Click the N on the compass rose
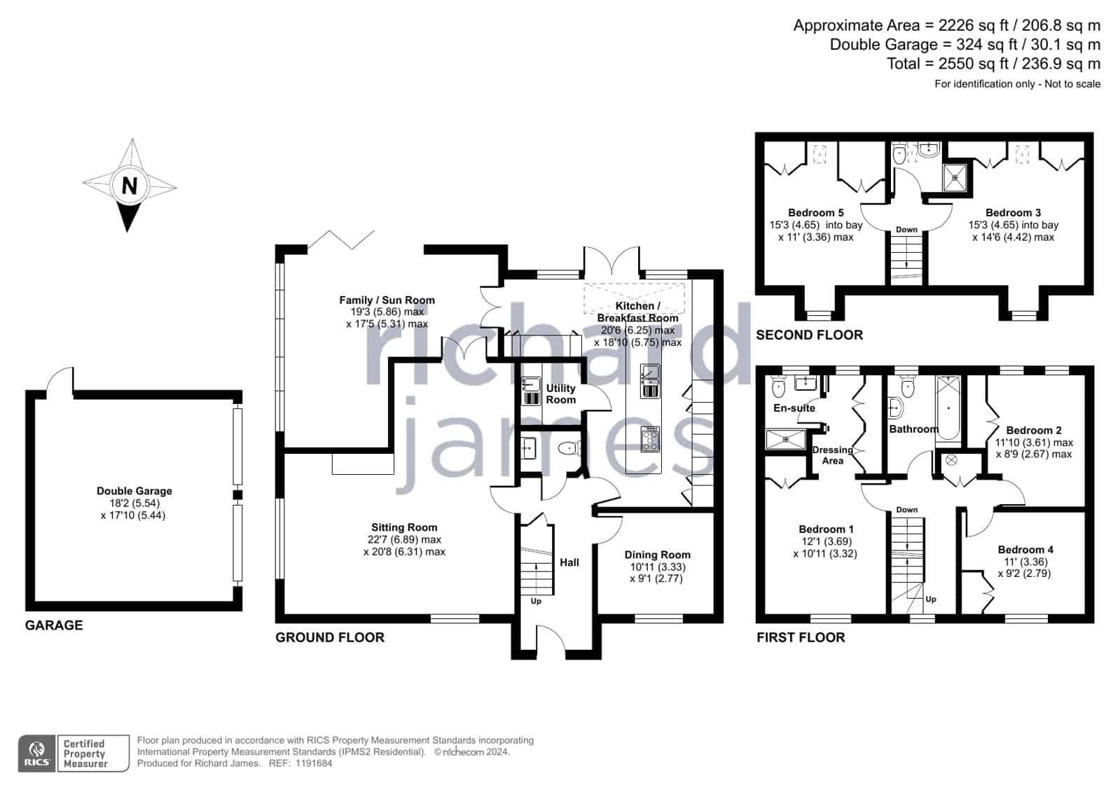(x=130, y=186)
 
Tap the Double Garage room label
(x=134, y=491)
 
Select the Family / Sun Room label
(x=387, y=300)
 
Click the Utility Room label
(x=560, y=394)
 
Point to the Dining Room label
(x=657, y=555)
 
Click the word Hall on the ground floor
(x=569, y=562)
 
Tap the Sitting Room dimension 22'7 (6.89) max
(x=404, y=539)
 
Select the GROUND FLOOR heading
(x=330, y=637)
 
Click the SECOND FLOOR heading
(x=810, y=335)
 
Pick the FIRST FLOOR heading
(x=801, y=637)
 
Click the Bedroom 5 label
(x=815, y=212)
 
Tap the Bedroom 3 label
(x=1013, y=212)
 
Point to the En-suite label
(x=794, y=408)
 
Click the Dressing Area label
(x=833, y=455)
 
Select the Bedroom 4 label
(x=1025, y=550)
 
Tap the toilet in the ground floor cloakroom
(x=569, y=448)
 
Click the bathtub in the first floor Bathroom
(x=948, y=408)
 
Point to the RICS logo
(x=36, y=753)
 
